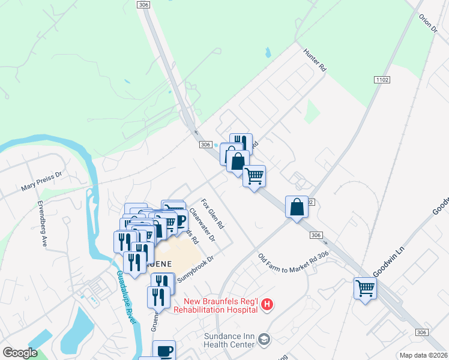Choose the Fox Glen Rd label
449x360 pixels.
tap(212, 214)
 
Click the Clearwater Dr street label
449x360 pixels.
tap(202, 224)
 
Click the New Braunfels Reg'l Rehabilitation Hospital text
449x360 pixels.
tap(215, 305)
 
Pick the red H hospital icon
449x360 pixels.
tap(268, 305)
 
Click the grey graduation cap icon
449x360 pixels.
tap(264, 340)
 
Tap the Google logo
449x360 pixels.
tap(20, 353)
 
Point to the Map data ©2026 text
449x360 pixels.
tap(424, 355)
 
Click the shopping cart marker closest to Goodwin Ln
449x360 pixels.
tap(365, 288)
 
